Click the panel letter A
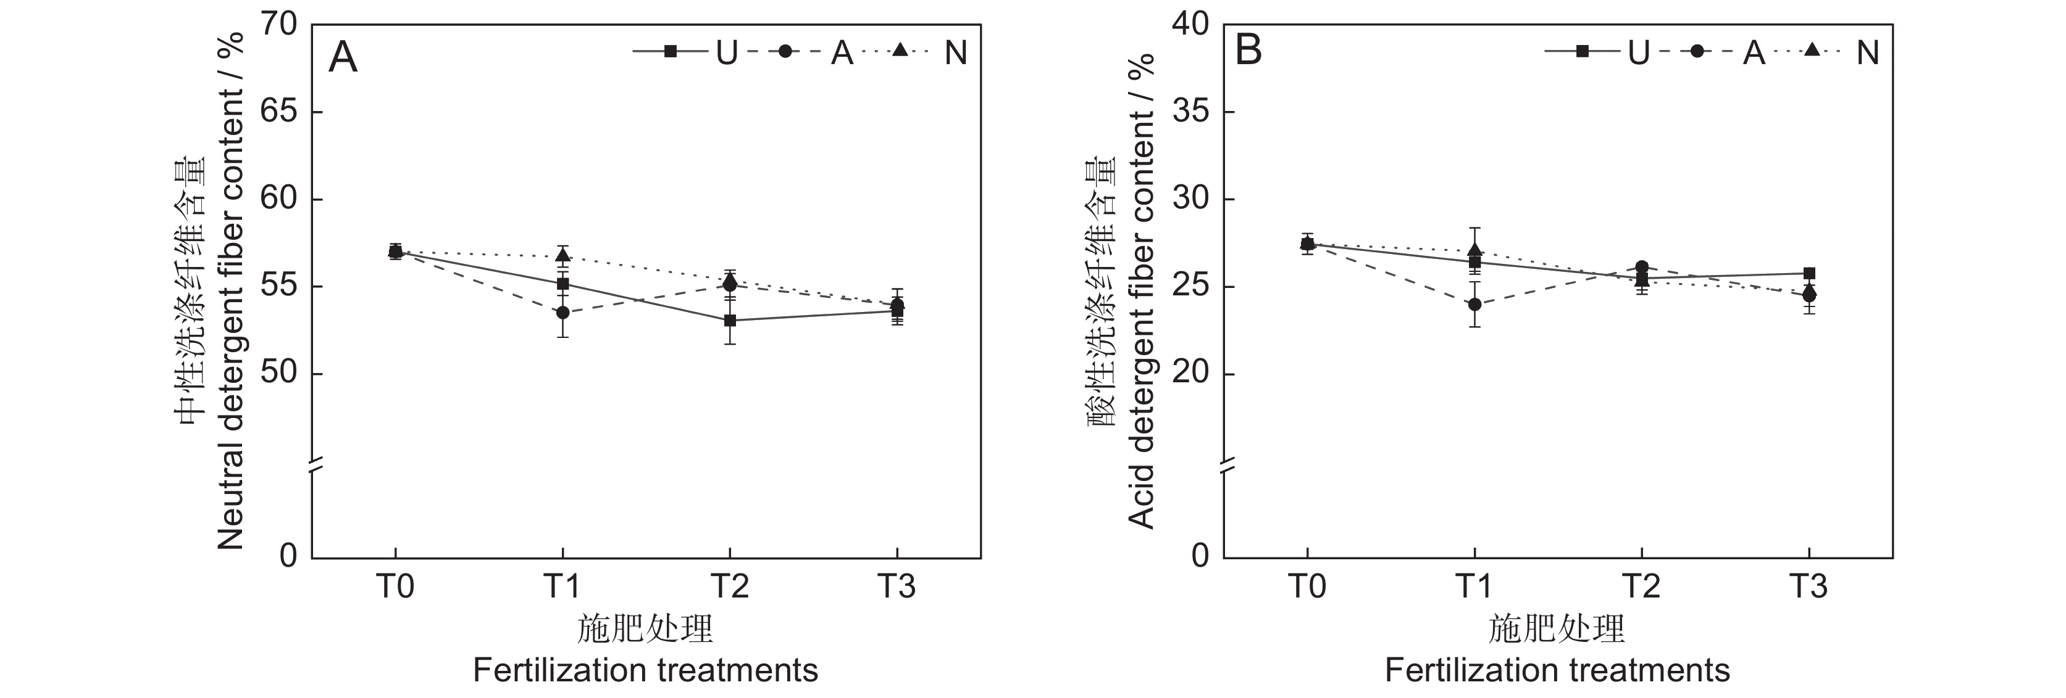coord(343,58)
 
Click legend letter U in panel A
coord(727,53)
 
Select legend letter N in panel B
coord(1868,53)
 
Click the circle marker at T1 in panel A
coord(563,312)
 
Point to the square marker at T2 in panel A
coord(730,321)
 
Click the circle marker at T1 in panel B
coord(1474,305)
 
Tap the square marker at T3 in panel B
coord(1809,273)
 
